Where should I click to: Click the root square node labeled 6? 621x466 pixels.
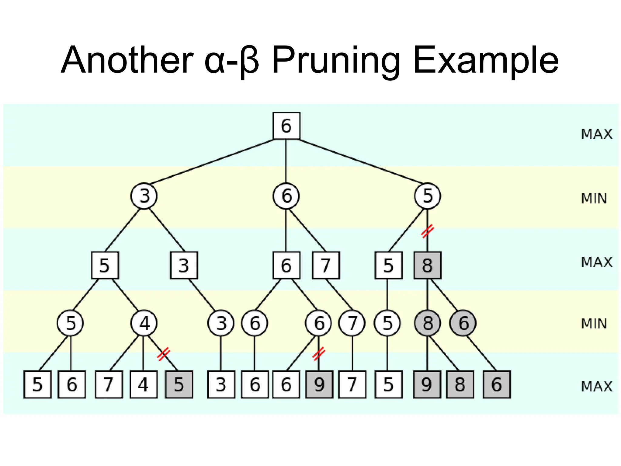tap(286, 126)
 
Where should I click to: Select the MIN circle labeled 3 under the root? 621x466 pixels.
tap(144, 196)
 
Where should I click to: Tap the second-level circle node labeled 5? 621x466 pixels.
tap(427, 196)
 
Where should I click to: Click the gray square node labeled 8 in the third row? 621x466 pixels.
tap(427, 265)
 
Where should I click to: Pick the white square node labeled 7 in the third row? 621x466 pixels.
tap(326, 265)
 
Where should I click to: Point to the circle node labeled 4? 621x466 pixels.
tap(144, 323)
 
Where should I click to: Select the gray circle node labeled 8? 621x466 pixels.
tap(427, 323)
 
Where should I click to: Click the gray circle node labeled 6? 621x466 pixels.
tap(463, 323)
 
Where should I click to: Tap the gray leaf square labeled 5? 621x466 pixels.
tap(179, 384)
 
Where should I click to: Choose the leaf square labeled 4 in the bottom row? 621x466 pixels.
tap(144, 384)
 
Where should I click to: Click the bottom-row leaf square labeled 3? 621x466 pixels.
tap(221, 384)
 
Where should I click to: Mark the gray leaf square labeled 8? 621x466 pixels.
tap(460, 384)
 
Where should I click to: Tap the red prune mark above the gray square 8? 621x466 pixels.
tap(428, 231)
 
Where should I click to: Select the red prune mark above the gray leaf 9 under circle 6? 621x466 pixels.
tap(319, 353)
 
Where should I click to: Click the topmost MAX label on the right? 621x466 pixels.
tap(596, 134)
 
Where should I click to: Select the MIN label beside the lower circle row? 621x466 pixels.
tap(594, 323)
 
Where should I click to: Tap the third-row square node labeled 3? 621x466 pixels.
tap(184, 265)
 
